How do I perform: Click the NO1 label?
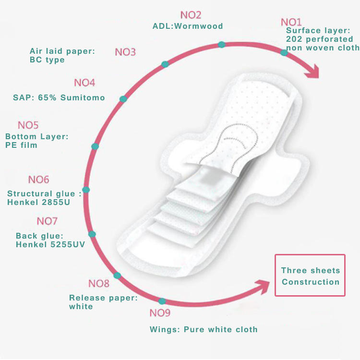(291, 22)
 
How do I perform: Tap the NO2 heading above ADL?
(191, 15)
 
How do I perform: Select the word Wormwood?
(199, 26)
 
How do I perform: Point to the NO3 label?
(125, 52)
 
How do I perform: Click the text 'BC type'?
(47, 60)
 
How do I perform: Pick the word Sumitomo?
(83, 97)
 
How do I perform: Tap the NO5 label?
(28, 125)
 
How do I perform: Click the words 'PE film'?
(21, 145)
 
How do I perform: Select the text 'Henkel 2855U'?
(38, 202)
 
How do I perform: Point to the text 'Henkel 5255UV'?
(50, 244)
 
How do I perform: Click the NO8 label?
(99, 284)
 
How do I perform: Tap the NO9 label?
(160, 313)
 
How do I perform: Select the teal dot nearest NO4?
(123, 99)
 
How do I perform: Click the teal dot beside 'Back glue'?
(92, 234)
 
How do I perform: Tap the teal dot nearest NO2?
(222, 45)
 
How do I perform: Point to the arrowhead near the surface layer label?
(312, 72)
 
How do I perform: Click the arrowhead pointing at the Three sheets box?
(263, 287)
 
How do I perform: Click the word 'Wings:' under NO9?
(165, 329)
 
